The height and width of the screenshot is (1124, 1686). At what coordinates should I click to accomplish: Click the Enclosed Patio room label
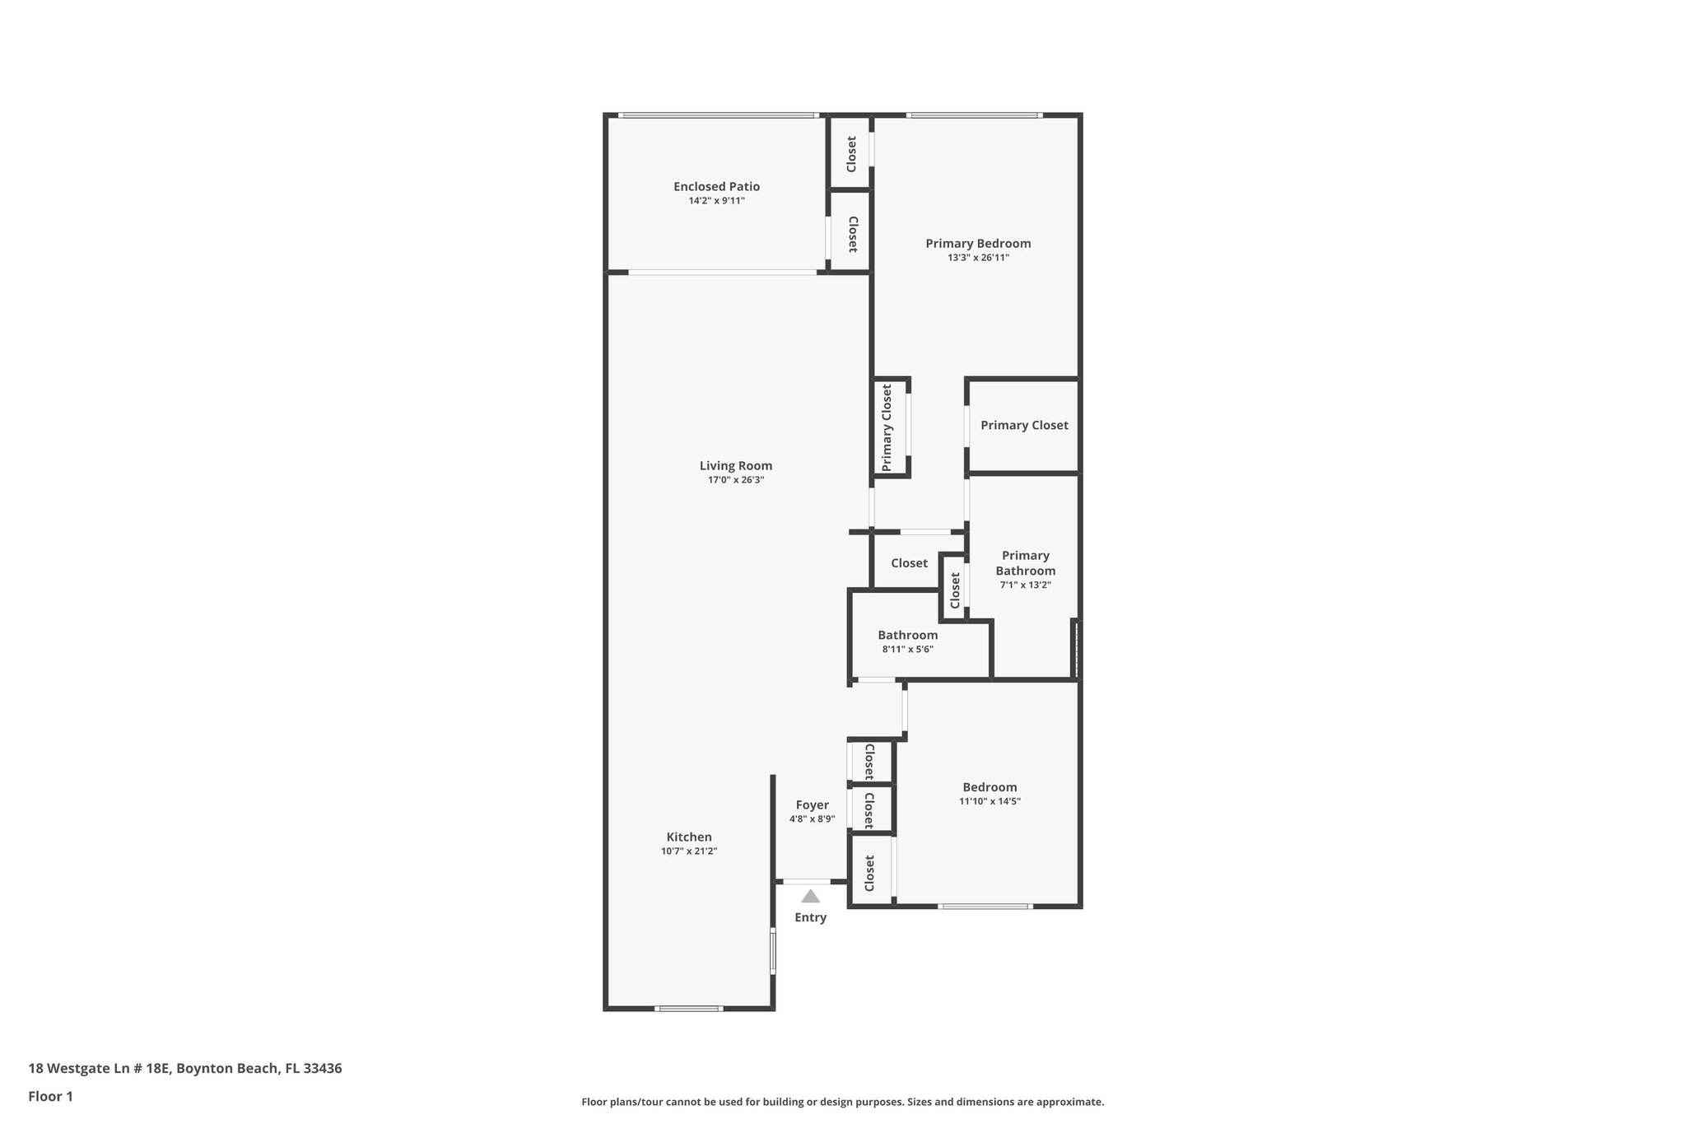(716, 187)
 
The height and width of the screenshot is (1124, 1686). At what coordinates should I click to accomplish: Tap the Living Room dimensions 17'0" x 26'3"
(736, 480)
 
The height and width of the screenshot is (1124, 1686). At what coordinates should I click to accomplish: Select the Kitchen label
(689, 837)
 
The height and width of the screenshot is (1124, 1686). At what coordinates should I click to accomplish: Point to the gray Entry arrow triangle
(811, 897)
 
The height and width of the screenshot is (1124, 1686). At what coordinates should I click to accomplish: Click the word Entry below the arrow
(811, 917)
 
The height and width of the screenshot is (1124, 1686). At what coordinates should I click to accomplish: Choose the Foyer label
(812, 805)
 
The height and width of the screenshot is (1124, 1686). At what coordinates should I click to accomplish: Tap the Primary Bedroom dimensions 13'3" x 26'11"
(978, 258)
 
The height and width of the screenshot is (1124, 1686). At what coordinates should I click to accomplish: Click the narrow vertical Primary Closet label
(887, 427)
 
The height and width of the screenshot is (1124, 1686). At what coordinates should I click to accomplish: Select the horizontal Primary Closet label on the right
(1024, 426)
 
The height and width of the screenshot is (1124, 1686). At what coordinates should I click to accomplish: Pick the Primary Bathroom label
(1025, 563)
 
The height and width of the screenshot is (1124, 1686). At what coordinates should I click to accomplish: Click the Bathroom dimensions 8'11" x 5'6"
(907, 650)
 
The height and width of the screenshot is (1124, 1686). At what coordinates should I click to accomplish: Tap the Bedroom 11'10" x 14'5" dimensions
(990, 801)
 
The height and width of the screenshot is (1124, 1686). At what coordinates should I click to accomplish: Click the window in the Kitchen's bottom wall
(689, 1008)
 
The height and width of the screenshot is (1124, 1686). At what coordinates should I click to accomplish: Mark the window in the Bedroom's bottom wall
(985, 907)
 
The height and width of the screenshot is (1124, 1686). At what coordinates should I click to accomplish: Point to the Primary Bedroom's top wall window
(975, 115)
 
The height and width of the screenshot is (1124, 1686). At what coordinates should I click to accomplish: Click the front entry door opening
(807, 882)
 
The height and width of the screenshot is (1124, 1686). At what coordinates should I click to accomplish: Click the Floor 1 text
(51, 1097)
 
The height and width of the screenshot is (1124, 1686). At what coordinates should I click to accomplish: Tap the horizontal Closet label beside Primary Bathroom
(909, 563)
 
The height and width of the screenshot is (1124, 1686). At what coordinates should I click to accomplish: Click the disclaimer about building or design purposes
(842, 1103)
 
